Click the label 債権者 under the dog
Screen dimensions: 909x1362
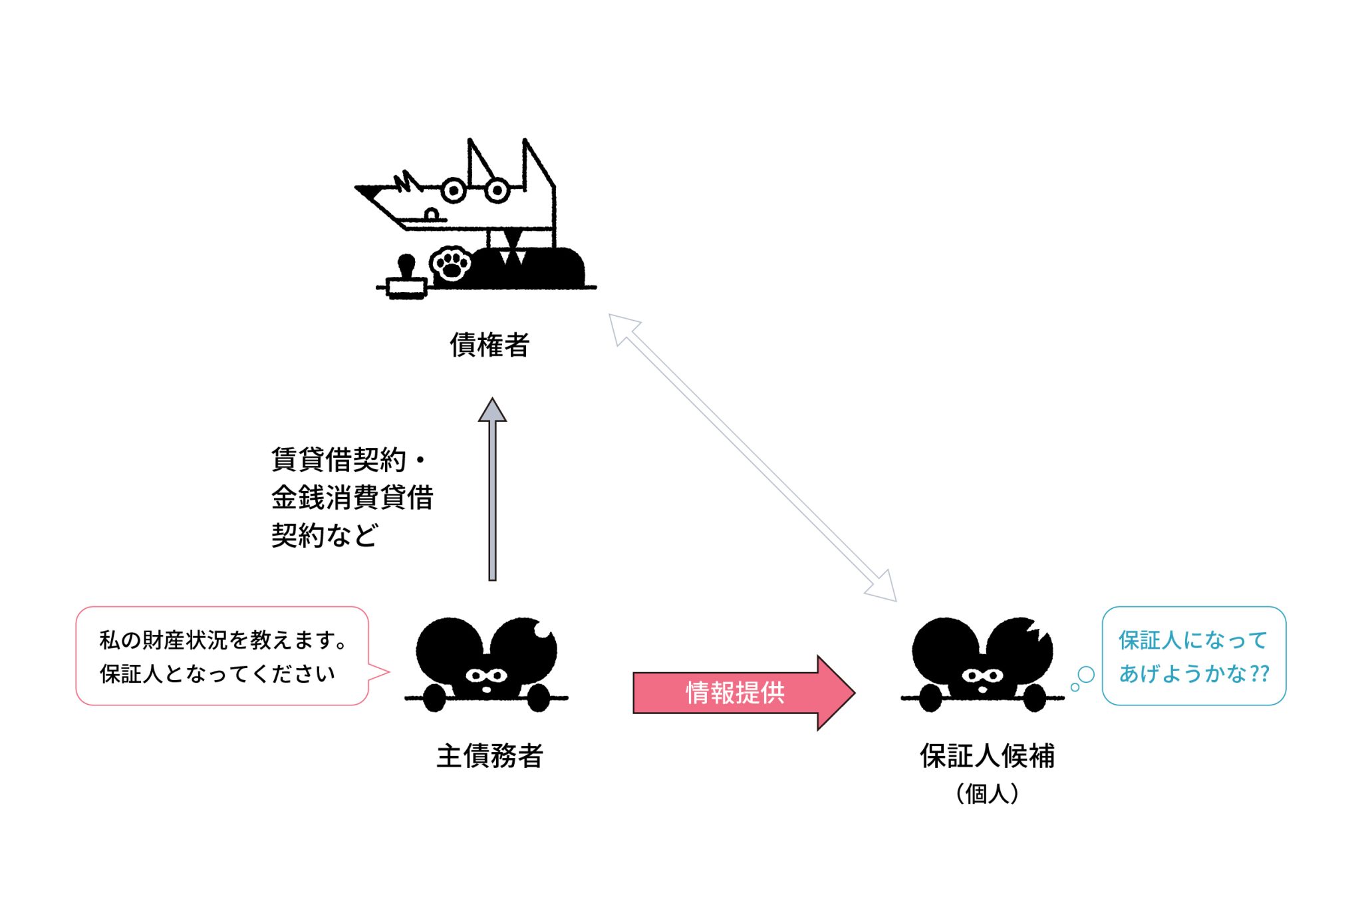[489, 345]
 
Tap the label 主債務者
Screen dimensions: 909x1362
[489, 756]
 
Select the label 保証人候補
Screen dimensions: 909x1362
[987, 756]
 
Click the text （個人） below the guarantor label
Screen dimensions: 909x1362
[987, 794]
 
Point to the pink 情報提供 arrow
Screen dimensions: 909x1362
[738, 693]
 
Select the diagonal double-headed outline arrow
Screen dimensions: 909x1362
[752, 457]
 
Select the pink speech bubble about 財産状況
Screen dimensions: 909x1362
[223, 656]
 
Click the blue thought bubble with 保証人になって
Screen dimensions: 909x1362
[1194, 656]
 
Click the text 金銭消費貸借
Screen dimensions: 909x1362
[352, 498]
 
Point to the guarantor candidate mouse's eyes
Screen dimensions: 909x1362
[982, 676]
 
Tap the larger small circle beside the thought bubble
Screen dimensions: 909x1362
[1085, 675]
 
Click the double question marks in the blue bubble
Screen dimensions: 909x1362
[1260, 673]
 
